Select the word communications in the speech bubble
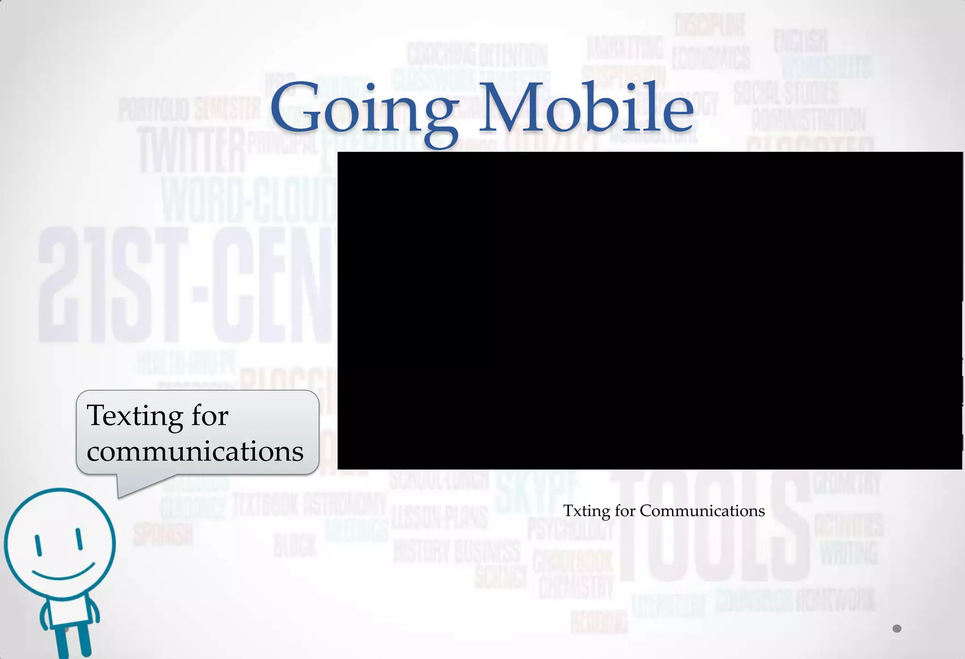(x=195, y=451)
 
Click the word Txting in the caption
(x=586, y=511)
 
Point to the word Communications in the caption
(x=702, y=511)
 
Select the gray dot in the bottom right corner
(x=897, y=628)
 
